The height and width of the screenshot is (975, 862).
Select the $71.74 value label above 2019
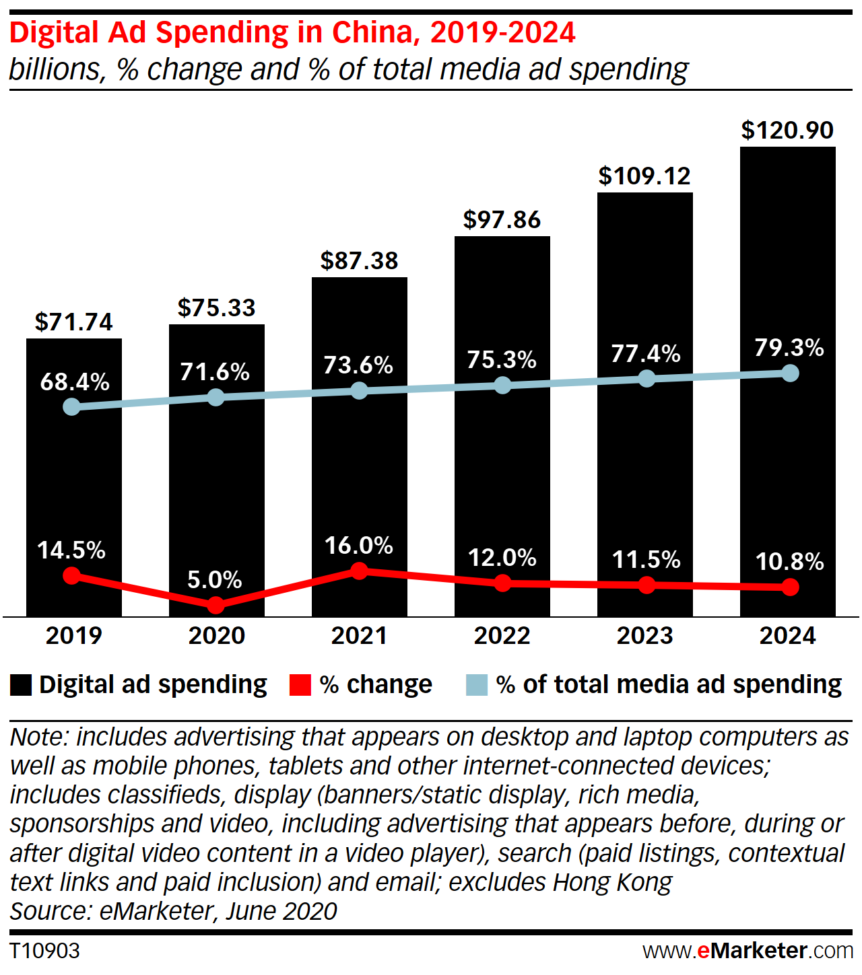point(74,322)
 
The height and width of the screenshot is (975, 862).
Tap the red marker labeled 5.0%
point(215,606)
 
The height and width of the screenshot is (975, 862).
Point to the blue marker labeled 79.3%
point(791,373)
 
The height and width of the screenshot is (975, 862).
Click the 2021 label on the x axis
point(359,636)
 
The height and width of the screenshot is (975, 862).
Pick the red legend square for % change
point(300,685)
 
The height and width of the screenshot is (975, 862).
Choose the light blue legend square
point(477,685)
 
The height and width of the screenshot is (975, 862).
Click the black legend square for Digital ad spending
point(21,685)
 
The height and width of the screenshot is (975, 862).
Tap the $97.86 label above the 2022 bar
point(502,220)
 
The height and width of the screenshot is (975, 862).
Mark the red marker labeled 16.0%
point(360,571)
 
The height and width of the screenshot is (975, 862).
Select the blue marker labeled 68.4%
point(71,406)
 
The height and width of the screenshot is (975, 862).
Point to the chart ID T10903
point(44,951)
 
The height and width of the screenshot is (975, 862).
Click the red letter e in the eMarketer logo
point(703,951)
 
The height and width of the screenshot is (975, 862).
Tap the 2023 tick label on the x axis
point(644,636)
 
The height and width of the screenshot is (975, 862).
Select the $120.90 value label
point(787,131)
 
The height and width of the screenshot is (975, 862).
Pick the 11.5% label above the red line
point(646,560)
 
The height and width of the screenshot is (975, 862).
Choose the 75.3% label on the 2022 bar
point(502,360)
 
